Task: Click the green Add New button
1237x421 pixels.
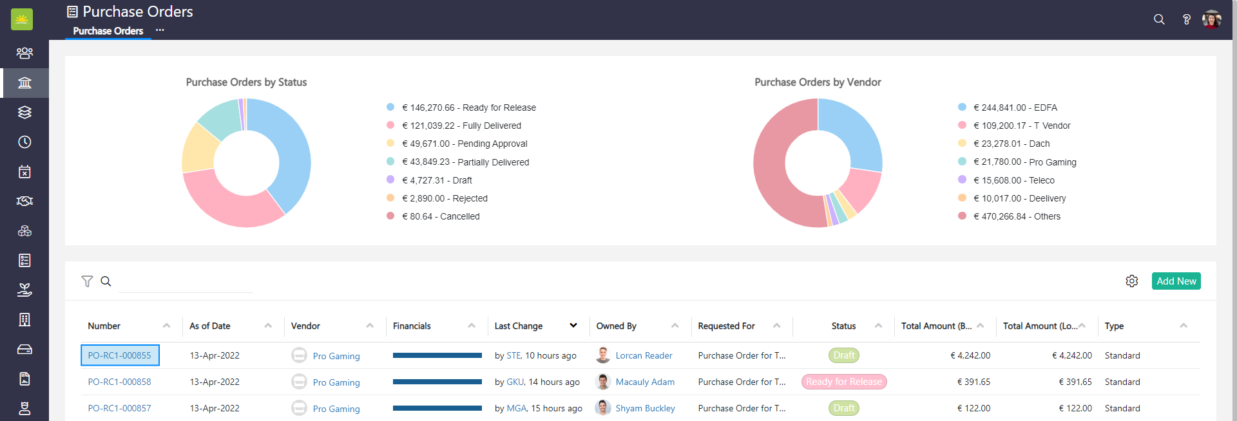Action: click(x=1176, y=281)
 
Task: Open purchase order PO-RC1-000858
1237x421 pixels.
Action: click(x=119, y=382)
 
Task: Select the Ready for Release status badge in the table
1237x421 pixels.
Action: click(x=843, y=382)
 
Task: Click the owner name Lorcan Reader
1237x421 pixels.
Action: click(x=643, y=355)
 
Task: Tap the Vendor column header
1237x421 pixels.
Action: click(x=305, y=326)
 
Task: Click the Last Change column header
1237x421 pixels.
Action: click(x=519, y=326)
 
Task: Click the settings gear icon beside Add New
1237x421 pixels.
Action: click(x=1131, y=281)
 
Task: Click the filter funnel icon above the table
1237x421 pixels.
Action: click(x=87, y=281)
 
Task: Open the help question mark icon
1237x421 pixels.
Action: click(x=1186, y=19)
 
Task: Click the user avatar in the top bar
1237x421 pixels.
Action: click(x=1211, y=19)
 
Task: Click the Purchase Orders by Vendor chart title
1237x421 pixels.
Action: click(x=818, y=82)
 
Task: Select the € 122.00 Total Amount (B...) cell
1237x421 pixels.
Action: click(x=973, y=408)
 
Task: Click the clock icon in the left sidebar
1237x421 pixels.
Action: click(x=24, y=142)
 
